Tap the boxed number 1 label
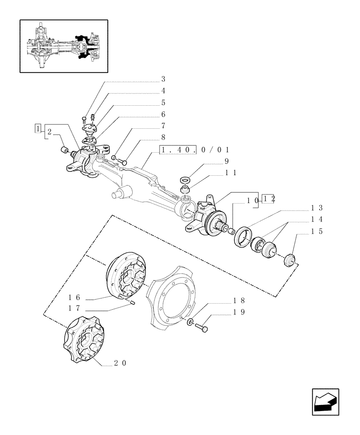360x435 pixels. (x=39, y=129)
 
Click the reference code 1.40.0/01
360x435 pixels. (x=195, y=150)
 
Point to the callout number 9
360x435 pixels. (x=226, y=161)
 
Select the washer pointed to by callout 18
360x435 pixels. (x=190, y=322)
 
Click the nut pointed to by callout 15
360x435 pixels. (x=290, y=261)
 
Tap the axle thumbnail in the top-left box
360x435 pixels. (x=64, y=46)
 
